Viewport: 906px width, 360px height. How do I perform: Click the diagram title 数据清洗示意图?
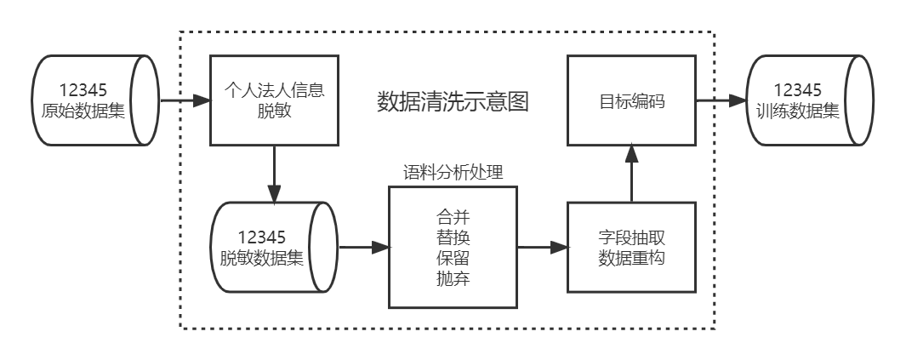click(x=453, y=102)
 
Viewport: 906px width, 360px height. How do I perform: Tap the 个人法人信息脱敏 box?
click(x=274, y=100)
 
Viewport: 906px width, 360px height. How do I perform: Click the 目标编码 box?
click(x=631, y=100)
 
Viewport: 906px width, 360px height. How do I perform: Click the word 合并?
click(x=453, y=216)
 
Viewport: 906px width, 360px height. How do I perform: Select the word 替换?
click(x=453, y=237)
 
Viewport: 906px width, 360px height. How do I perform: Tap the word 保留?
click(x=453, y=257)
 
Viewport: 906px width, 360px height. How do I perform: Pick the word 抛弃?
click(x=453, y=277)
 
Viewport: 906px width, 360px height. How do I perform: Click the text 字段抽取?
click(x=631, y=238)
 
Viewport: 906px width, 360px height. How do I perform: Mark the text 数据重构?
click(x=631, y=259)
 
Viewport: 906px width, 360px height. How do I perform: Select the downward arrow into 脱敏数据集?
click(x=274, y=174)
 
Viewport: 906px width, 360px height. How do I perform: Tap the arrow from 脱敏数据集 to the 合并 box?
click(x=363, y=248)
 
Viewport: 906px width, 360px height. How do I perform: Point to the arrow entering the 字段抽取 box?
click(x=543, y=248)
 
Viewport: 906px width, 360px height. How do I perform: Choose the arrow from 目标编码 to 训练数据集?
click(x=721, y=100)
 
